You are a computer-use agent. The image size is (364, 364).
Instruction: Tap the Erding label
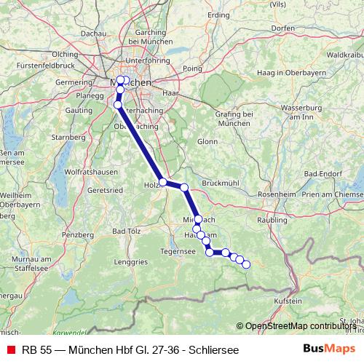pos(218,15)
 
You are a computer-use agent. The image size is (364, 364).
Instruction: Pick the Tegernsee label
pos(178,252)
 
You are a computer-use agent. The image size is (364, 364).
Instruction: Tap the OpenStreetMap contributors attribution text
pos(304,326)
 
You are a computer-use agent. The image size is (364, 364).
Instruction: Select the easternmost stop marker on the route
pos(245,264)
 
